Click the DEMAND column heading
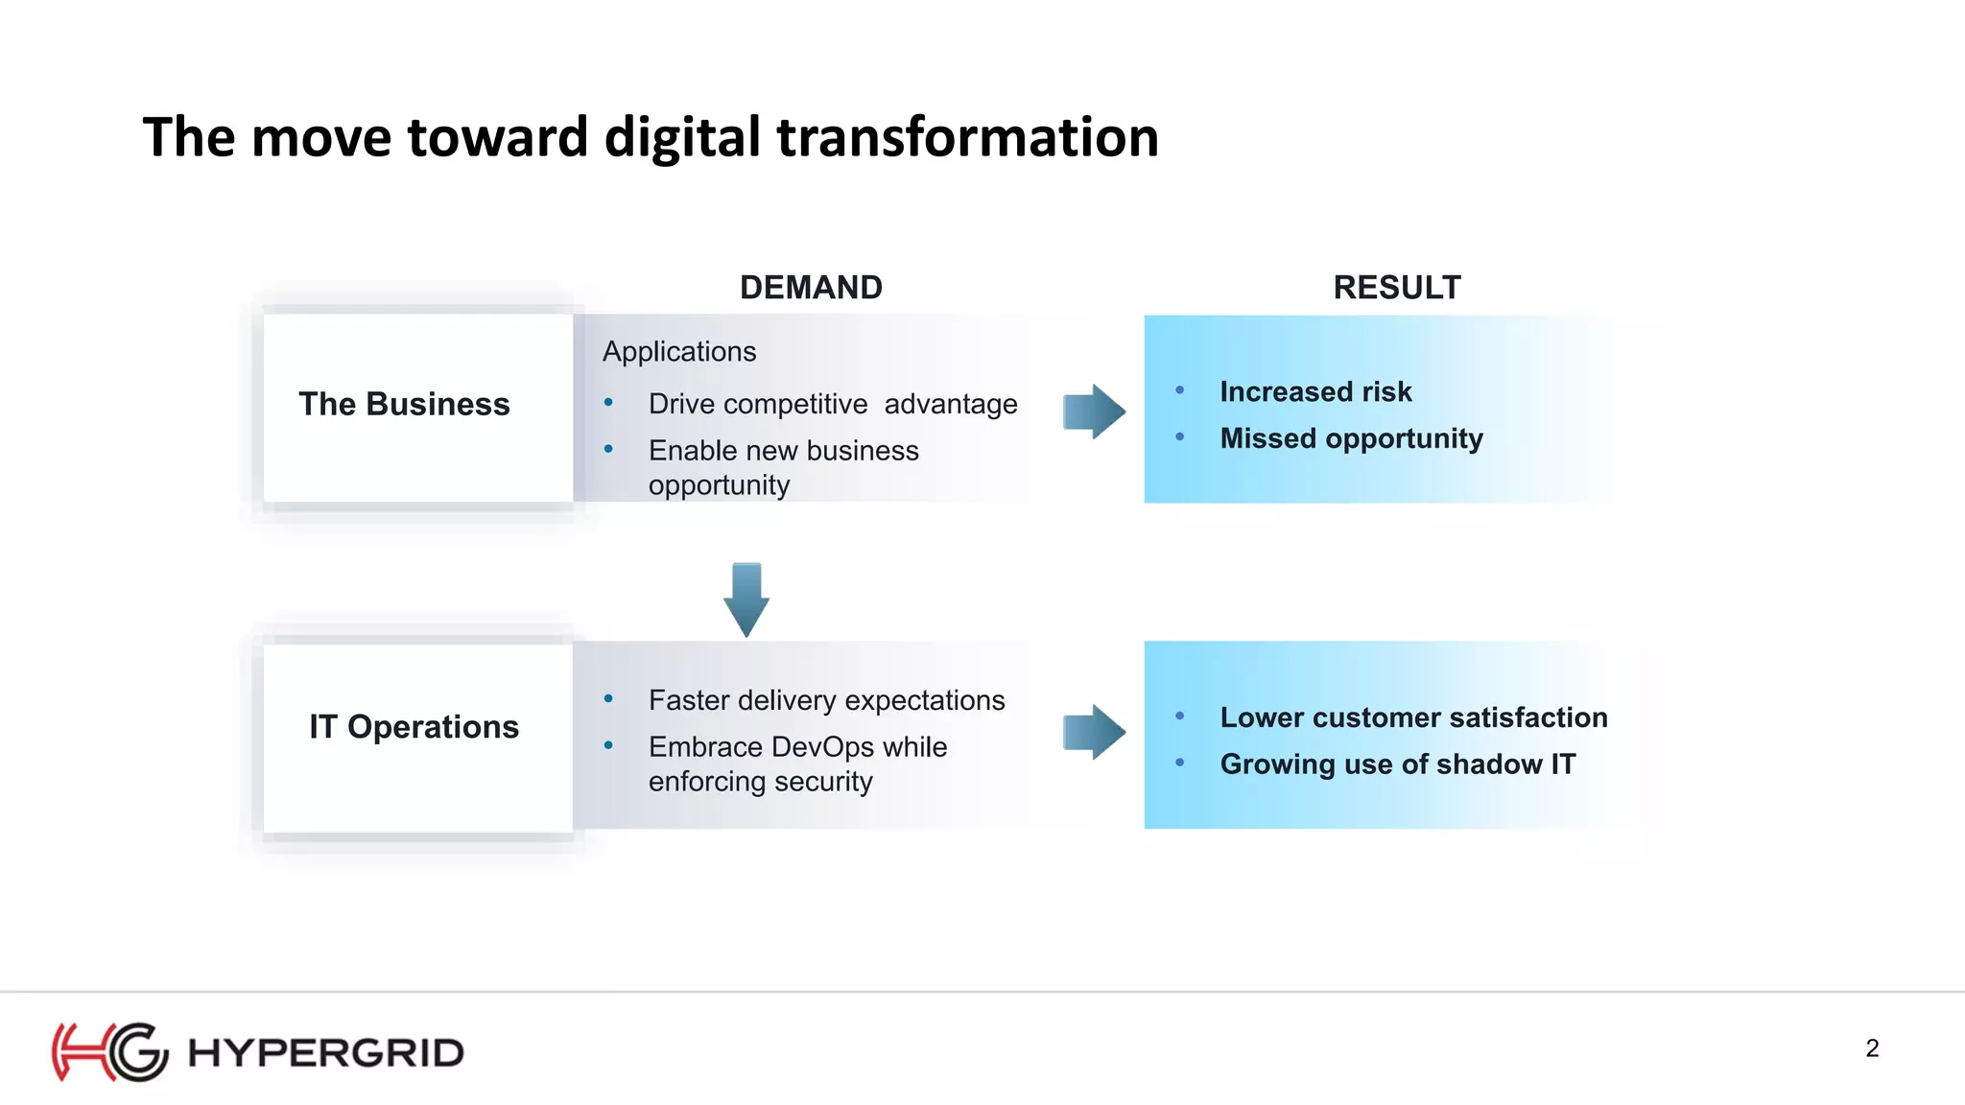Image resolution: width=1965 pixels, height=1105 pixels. click(811, 288)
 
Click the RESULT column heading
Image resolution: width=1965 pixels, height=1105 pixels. click(1396, 288)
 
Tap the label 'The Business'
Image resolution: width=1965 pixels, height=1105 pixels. click(404, 405)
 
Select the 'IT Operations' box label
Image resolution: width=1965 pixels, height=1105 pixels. click(414, 727)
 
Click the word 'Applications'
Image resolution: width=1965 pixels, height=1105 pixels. click(679, 352)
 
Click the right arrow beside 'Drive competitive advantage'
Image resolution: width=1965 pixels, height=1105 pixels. click(1094, 411)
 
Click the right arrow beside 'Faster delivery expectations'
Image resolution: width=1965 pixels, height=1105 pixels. click(1094, 732)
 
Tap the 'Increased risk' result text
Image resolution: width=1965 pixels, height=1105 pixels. click(1315, 392)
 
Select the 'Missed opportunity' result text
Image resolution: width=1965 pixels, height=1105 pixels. click(1351, 438)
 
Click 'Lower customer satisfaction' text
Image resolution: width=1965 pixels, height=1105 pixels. click(1413, 717)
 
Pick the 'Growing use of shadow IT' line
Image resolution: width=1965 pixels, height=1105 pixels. click(1397, 764)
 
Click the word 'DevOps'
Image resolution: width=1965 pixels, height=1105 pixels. click(822, 747)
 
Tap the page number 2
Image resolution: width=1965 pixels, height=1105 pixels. click(1872, 1048)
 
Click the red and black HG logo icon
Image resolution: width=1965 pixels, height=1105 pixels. click(109, 1052)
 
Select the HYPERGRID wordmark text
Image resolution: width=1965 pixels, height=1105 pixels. click(326, 1053)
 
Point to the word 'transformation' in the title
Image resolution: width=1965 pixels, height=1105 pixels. click(967, 137)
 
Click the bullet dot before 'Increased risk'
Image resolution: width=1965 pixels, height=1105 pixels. click(1180, 390)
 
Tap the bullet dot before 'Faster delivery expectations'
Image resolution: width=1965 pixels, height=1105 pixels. click(608, 698)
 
